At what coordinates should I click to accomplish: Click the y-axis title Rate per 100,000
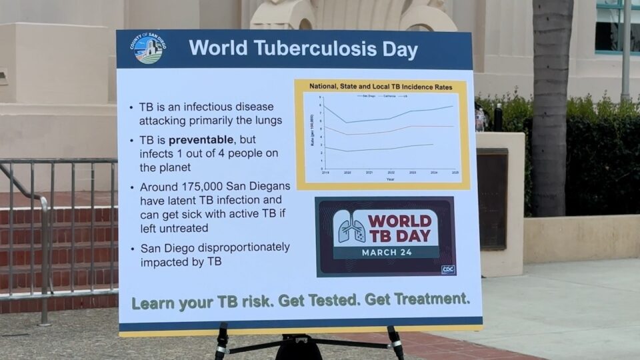pyautogui.click(x=311, y=131)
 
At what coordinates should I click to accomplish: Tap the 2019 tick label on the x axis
pyautogui.click(x=325, y=172)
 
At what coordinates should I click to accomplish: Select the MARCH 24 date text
pyautogui.click(x=387, y=252)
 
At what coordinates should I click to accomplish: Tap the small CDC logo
pyautogui.click(x=448, y=269)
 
